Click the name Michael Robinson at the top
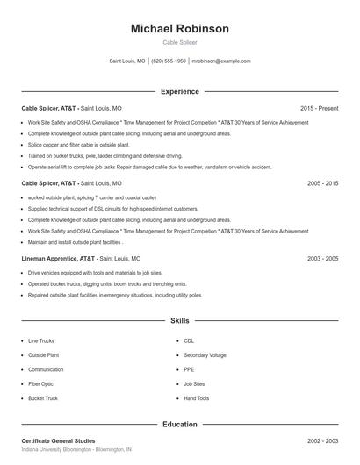[179, 29]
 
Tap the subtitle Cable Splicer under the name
[179, 43]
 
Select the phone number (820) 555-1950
[169, 61]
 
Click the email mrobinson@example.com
[221, 61]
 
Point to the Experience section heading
[179, 91]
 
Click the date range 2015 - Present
[319, 108]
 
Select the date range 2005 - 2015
[322, 183]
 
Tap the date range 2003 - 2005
[322, 259]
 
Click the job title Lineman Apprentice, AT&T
[58, 259]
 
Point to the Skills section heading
[179, 321]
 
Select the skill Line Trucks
[41, 340]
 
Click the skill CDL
[189, 340]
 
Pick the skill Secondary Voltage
[205, 355]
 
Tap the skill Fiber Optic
[40, 383]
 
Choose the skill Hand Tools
[197, 398]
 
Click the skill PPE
[189, 369]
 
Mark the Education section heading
[179, 425]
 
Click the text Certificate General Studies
[58, 440]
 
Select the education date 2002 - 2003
[322, 440]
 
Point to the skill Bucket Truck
[43, 398]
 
